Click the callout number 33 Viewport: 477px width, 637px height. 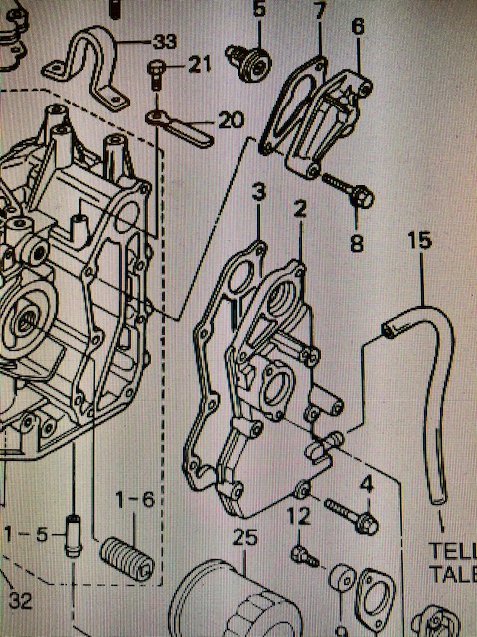165,42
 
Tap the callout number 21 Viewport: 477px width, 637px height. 199,66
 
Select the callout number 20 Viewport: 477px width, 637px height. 230,120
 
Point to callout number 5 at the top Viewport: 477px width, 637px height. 259,11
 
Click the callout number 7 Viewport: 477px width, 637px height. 319,12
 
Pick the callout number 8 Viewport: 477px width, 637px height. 357,242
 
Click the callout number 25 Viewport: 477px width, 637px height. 244,538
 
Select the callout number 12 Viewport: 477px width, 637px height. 297,515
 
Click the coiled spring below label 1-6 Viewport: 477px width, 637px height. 129,561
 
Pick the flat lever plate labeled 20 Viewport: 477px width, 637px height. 184,127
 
